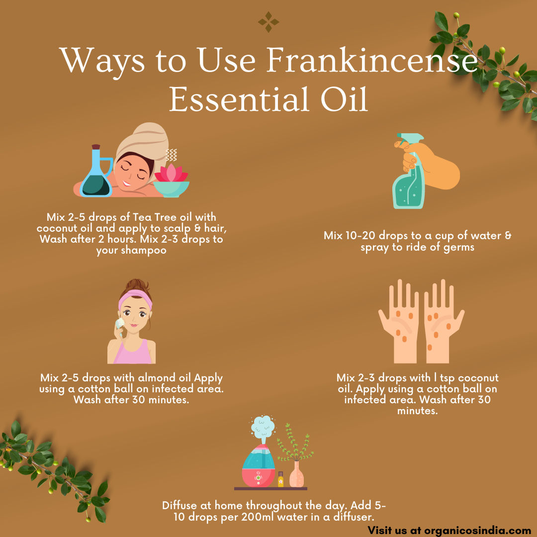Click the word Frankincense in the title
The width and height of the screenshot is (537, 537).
pyautogui.click(x=372, y=60)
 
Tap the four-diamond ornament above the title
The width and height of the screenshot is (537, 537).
pyautogui.click(x=268, y=22)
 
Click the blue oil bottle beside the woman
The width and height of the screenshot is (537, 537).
pyautogui.click(x=96, y=171)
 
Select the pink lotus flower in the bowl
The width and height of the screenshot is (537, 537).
pyautogui.click(x=171, y=173)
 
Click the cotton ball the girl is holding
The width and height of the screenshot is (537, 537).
pyautogui.click(x=120, y=323)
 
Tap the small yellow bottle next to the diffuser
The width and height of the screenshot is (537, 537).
pyautogui.click(x=281, y=479)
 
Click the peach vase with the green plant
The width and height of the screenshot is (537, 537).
pyautogui.click(x=296, y=474)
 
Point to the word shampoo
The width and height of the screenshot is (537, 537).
pyautogui.click(x=144, y=250)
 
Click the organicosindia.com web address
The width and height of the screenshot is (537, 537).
pyautogui.click(x=478, y=531)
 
